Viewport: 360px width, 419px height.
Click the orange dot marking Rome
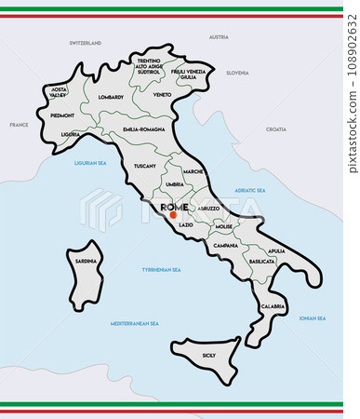click(172, 215)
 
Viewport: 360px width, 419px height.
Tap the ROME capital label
click(174, 207)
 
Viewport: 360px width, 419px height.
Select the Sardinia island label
click(86, 262)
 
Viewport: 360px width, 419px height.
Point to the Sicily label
click(209, 355)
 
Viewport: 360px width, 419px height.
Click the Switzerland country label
click(84, 43)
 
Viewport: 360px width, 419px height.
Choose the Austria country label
click(219, 37)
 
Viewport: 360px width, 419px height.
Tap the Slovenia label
click(237, 72)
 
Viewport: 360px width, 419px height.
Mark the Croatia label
click(276, 129)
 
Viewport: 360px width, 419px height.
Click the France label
click(19, 124)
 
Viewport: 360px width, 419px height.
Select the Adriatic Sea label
click(249, 190)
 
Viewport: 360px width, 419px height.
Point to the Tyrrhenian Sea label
click(161, 269)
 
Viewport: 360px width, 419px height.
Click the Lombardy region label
click(111, 97)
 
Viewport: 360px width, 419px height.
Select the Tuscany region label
click(145, 165)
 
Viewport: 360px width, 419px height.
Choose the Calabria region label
click(273, 305)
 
